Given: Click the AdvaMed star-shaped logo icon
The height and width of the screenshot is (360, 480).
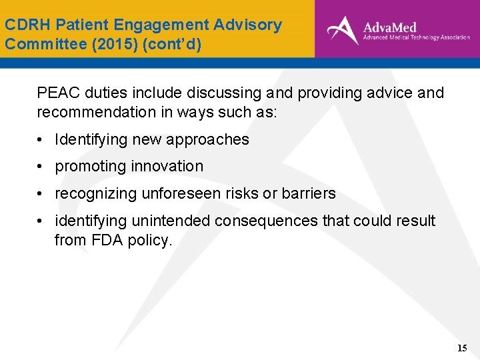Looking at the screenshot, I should [x=343, y=30].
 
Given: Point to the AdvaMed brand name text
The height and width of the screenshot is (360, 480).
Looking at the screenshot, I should [x=389, y=27].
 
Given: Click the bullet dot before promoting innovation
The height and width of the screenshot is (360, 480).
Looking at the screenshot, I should [x=41, y=167].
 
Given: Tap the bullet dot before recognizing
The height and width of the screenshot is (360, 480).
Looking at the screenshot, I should [x=41, y=194].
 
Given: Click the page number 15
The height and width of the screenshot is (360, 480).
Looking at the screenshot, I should [x=462, y=348].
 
